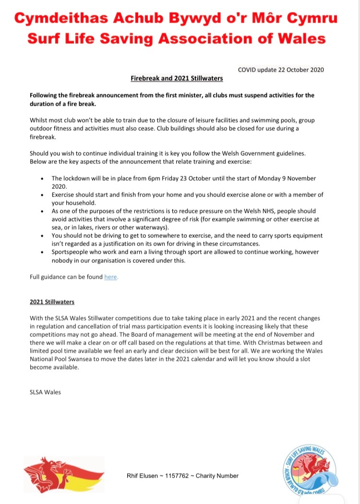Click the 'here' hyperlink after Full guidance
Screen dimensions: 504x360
111,277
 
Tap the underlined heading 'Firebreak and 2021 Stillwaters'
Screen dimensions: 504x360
177,78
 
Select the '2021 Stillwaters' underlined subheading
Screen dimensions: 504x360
52,302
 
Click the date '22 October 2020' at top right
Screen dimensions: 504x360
300,70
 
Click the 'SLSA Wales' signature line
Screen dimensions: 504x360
45,392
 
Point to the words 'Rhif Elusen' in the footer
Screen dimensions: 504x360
140,476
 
